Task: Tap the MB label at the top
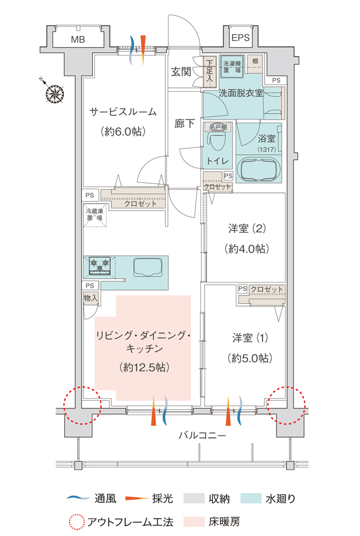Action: point(78,39)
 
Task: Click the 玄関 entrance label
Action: point(181,72)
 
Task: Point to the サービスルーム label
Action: point(123,112)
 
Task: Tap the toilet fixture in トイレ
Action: point(217,142)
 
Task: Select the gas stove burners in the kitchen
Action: point(101,265)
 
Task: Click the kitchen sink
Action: point(147,266)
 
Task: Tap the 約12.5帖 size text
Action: point(142,367)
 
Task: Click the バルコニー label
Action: point(202,436)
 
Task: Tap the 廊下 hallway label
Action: point(184,124)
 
